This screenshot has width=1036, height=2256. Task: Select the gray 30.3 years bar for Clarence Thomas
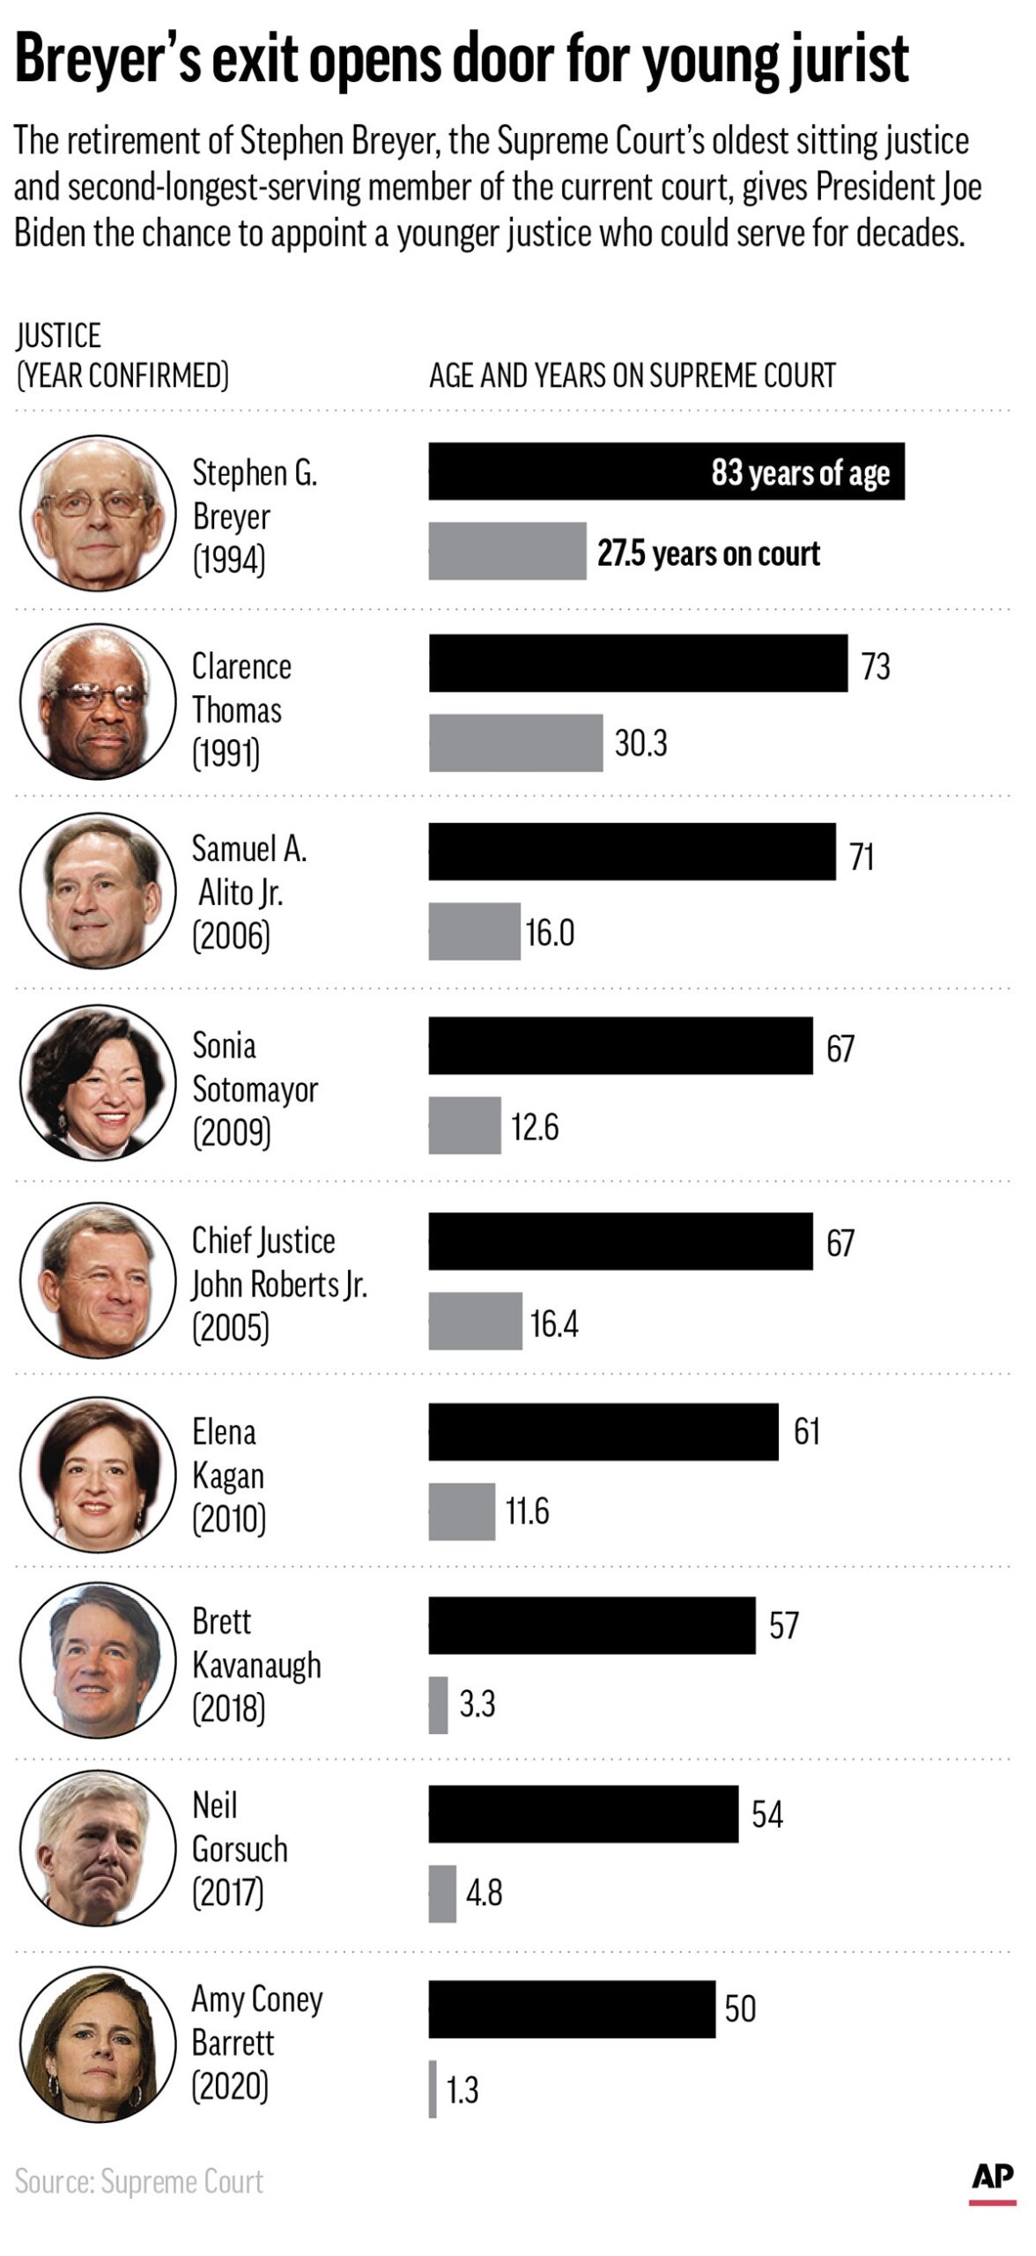coord(515,743)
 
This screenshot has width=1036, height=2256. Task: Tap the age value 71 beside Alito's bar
coord(862,857)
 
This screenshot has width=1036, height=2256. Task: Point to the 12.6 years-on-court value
coord(535,1127)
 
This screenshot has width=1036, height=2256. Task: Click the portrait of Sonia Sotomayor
coord(98,1083)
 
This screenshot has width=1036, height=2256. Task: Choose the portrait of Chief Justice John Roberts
coord(98,1279)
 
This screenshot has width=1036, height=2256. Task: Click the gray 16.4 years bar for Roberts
coord(475,1321)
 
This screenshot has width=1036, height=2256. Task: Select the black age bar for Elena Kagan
coord(603,1432)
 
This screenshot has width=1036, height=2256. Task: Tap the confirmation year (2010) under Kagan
coord(229,1519)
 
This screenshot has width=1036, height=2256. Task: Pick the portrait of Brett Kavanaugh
coord(98,1660)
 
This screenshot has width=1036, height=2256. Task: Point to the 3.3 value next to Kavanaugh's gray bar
coord(477,1704)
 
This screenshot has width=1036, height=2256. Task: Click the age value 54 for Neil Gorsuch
coord(766,1814)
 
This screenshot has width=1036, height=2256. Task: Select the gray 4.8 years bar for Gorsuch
coord(442,1893)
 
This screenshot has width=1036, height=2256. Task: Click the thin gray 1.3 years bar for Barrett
coord(433,2089)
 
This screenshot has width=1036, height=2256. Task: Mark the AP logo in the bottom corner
coord(992,2178)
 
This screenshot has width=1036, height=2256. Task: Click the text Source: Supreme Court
coord(139,2182)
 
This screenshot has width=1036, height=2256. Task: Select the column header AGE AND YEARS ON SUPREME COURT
coord(632,376)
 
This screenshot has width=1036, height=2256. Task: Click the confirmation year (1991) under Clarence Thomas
coord(226,753)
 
